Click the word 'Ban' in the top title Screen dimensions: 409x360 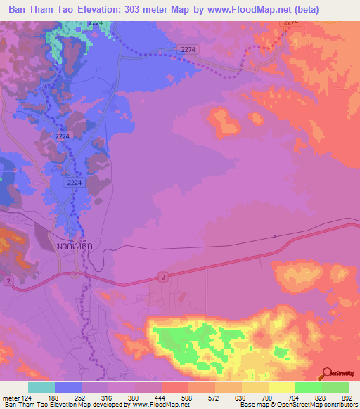pos(19,9)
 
